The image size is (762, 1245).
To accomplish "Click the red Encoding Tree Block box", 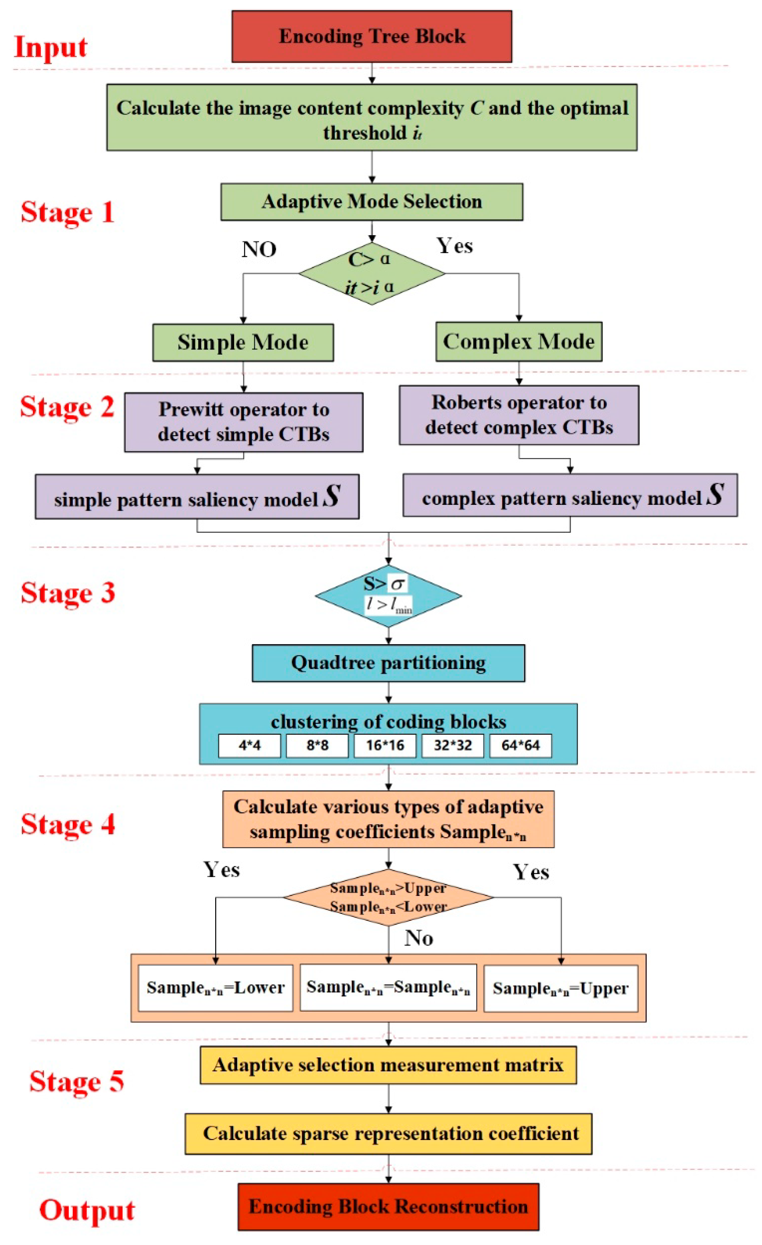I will coord(372,36).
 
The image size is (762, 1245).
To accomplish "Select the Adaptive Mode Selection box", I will coord(372,201).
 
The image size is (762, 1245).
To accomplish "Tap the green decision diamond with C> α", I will coord(372,273).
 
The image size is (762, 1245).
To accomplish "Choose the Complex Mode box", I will coord(519,342).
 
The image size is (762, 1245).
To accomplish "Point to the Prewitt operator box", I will coord(244,422).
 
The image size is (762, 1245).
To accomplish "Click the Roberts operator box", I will coord(519,415).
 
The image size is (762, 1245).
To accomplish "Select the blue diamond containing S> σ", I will coord(388,596).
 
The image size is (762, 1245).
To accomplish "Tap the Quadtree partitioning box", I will coord(388,663).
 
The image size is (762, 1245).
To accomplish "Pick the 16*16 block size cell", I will coord(385,745).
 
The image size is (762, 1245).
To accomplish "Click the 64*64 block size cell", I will coord(520,745).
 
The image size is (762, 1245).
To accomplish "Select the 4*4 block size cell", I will coord(249,745).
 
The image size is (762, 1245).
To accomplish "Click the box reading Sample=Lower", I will coord(215,988).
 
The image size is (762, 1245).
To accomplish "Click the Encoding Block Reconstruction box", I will coord(388,1207).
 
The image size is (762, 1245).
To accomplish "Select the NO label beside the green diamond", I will coord(259,249).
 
